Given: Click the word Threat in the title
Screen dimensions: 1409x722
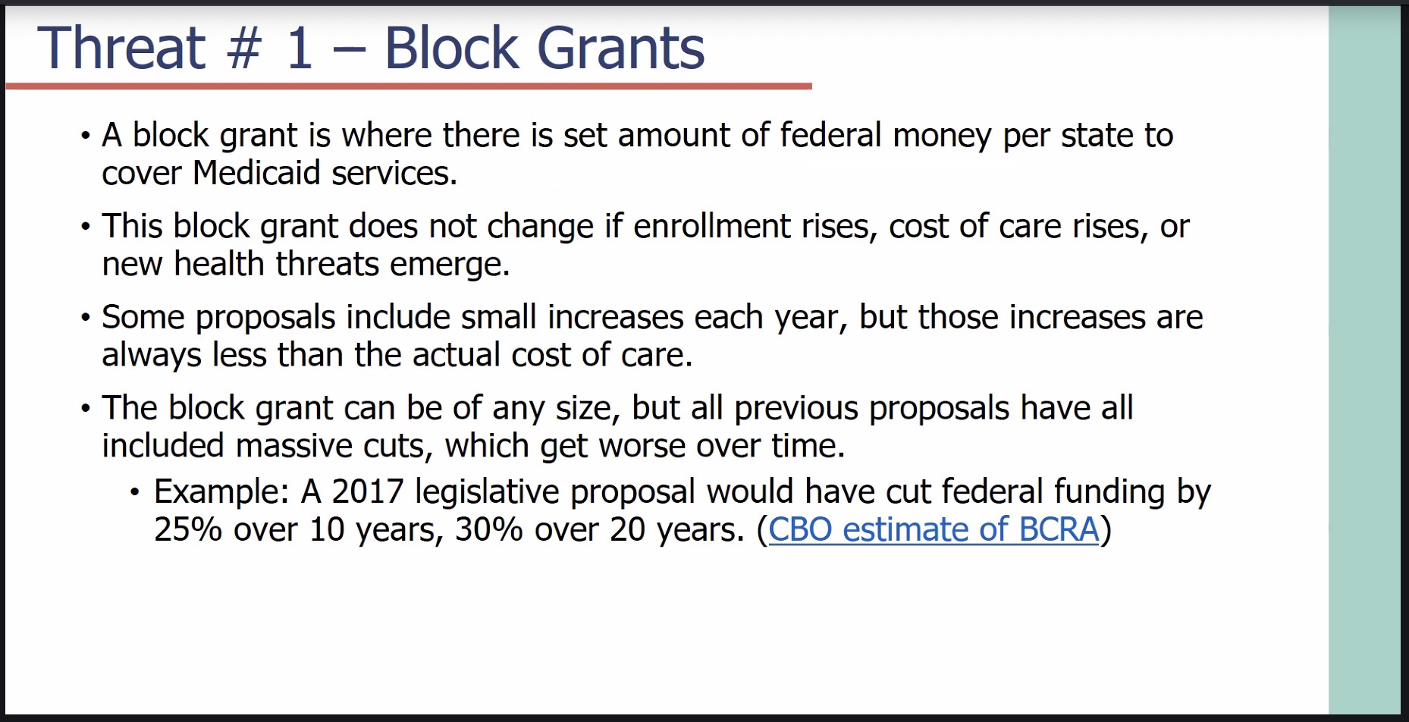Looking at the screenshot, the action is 121,48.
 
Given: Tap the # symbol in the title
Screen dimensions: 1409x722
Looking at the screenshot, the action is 245,48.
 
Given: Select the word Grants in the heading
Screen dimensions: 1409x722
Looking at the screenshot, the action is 621,48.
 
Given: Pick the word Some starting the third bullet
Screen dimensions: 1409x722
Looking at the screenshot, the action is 143,317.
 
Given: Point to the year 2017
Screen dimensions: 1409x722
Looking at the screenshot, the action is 368,491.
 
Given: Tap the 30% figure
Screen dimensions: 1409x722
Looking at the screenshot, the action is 489,529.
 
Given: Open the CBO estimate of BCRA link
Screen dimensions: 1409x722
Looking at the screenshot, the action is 934,529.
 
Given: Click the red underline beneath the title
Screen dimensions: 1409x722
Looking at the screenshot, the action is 409,86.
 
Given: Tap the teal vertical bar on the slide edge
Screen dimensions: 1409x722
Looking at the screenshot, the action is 1364,360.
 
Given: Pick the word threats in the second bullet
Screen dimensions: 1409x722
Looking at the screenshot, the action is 327,264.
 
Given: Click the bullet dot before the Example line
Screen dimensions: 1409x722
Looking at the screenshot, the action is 135,493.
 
